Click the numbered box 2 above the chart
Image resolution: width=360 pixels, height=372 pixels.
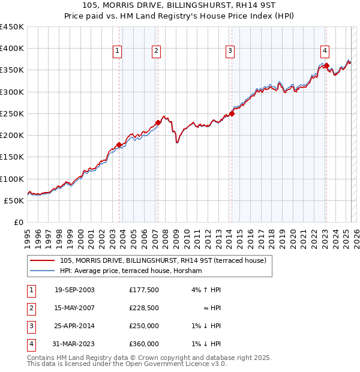[155, 52]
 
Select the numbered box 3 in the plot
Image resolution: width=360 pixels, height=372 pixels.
[230, 52]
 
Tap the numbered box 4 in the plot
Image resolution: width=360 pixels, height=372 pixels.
[324, 52]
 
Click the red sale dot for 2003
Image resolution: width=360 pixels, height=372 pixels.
[119, 145]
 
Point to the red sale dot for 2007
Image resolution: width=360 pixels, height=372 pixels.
[158, 122]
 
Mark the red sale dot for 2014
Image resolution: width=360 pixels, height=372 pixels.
[232, 113]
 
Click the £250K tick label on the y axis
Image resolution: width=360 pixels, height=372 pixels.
[11, 113]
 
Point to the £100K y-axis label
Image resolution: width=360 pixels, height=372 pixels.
[11, 179]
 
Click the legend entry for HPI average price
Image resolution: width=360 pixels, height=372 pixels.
[131, 271]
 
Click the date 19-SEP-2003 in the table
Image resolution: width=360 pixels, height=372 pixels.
[74, 290]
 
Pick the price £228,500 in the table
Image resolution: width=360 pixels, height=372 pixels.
[143, 308]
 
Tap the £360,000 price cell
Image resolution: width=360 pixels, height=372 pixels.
[143, 344]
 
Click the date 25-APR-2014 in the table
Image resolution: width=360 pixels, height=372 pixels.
[74, 326]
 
